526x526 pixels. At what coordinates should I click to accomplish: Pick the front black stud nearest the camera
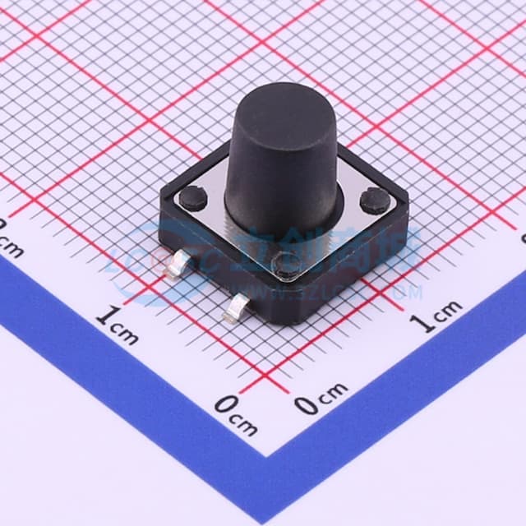click(287, 264)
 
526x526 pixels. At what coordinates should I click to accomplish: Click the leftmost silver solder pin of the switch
click(178, 267)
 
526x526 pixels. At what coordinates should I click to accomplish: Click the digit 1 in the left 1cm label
click(104, 315)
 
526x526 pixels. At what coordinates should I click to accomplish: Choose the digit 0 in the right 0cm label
click(307, 403)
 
